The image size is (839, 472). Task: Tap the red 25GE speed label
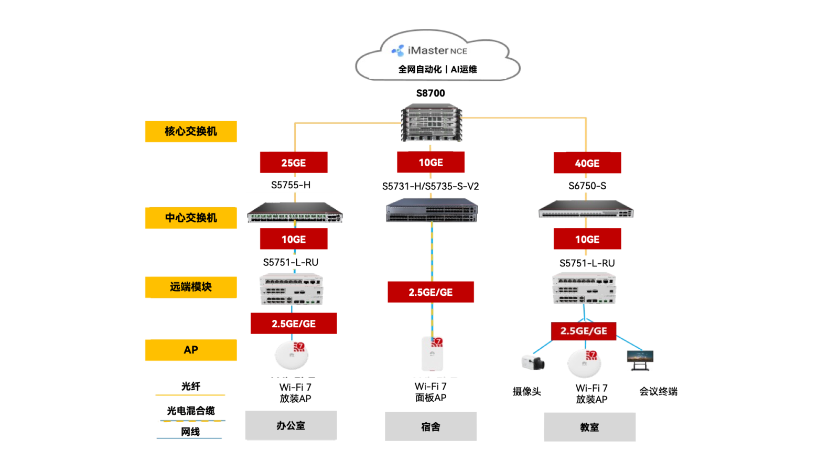click(x=294, y=163)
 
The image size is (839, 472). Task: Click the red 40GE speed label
click(x=587, y=163)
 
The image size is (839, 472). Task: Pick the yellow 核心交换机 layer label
click(x=191, y=132)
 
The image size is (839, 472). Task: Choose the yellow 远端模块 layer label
click(x=191, y=287)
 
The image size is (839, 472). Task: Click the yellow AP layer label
click(x=191, y=350)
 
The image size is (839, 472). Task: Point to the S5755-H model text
click(x=291, y=185)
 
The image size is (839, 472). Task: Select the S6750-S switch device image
click(x=586, y=209)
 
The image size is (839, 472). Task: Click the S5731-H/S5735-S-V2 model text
click(x=431, y=186)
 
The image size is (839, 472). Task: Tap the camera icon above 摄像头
click(x=533, y=362)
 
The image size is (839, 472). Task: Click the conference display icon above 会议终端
click(x=640, y=360)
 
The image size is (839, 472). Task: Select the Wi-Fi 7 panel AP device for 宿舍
click(x=433, y=354)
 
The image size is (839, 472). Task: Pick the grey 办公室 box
click(x=291, y=426)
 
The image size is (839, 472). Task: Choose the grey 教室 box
click(x=589, y=427)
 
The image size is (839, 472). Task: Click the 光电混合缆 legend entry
click(x=191, y=411)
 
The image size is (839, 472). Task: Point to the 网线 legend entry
click(x=190, y=432)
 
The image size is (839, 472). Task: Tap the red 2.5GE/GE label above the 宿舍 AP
click(x=431, y=292)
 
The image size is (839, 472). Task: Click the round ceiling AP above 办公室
click(x=292, y=356)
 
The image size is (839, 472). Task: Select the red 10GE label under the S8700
click(x=431, y=163)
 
